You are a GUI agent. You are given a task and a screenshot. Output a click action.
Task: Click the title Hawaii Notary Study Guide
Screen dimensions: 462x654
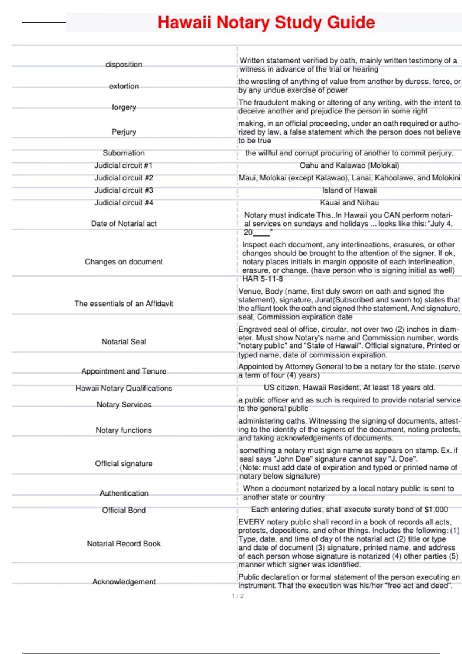point(266,22)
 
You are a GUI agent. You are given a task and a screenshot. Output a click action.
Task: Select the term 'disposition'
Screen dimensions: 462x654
point(124,64)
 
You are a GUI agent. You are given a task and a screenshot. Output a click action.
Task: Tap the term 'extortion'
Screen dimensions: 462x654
point(124,86)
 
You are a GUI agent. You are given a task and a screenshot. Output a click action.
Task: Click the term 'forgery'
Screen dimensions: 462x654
point(124,107)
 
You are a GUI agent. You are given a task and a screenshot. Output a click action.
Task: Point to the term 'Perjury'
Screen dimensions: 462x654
point(124,132)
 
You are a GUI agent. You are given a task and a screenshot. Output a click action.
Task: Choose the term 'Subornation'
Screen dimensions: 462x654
point(124,153)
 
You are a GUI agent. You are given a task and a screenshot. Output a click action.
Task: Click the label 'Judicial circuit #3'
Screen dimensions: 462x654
point(124,190)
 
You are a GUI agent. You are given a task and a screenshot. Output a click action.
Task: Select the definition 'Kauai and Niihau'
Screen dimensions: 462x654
point(349,203)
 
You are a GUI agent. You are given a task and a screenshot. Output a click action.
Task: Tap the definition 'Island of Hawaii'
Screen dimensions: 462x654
point(349,190)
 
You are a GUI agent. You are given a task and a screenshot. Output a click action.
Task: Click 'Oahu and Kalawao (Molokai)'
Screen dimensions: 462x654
point(349,165)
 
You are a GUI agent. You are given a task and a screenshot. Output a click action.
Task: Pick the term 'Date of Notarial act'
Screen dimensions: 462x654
point(124,224)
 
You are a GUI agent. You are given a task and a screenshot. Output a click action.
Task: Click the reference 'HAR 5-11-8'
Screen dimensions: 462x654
point(262,279)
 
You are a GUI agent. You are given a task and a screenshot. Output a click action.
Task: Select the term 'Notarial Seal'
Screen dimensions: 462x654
point(124,342)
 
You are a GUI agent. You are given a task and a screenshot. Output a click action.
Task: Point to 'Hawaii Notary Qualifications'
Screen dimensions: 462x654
point(124,388)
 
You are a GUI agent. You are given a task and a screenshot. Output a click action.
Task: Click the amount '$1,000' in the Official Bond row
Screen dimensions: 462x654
point(436,510)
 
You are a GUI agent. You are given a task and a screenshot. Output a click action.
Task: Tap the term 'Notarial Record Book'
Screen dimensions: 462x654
point(124,544)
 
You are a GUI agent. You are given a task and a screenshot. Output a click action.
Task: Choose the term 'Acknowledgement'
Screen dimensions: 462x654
point(124,582)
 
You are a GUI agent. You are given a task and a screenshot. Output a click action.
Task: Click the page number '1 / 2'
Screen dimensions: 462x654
point(238,596)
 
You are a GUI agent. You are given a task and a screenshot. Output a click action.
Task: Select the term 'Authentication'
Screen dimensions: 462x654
point(124,493)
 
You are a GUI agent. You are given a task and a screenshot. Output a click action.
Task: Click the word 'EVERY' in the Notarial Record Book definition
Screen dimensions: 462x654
point(251,522)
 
